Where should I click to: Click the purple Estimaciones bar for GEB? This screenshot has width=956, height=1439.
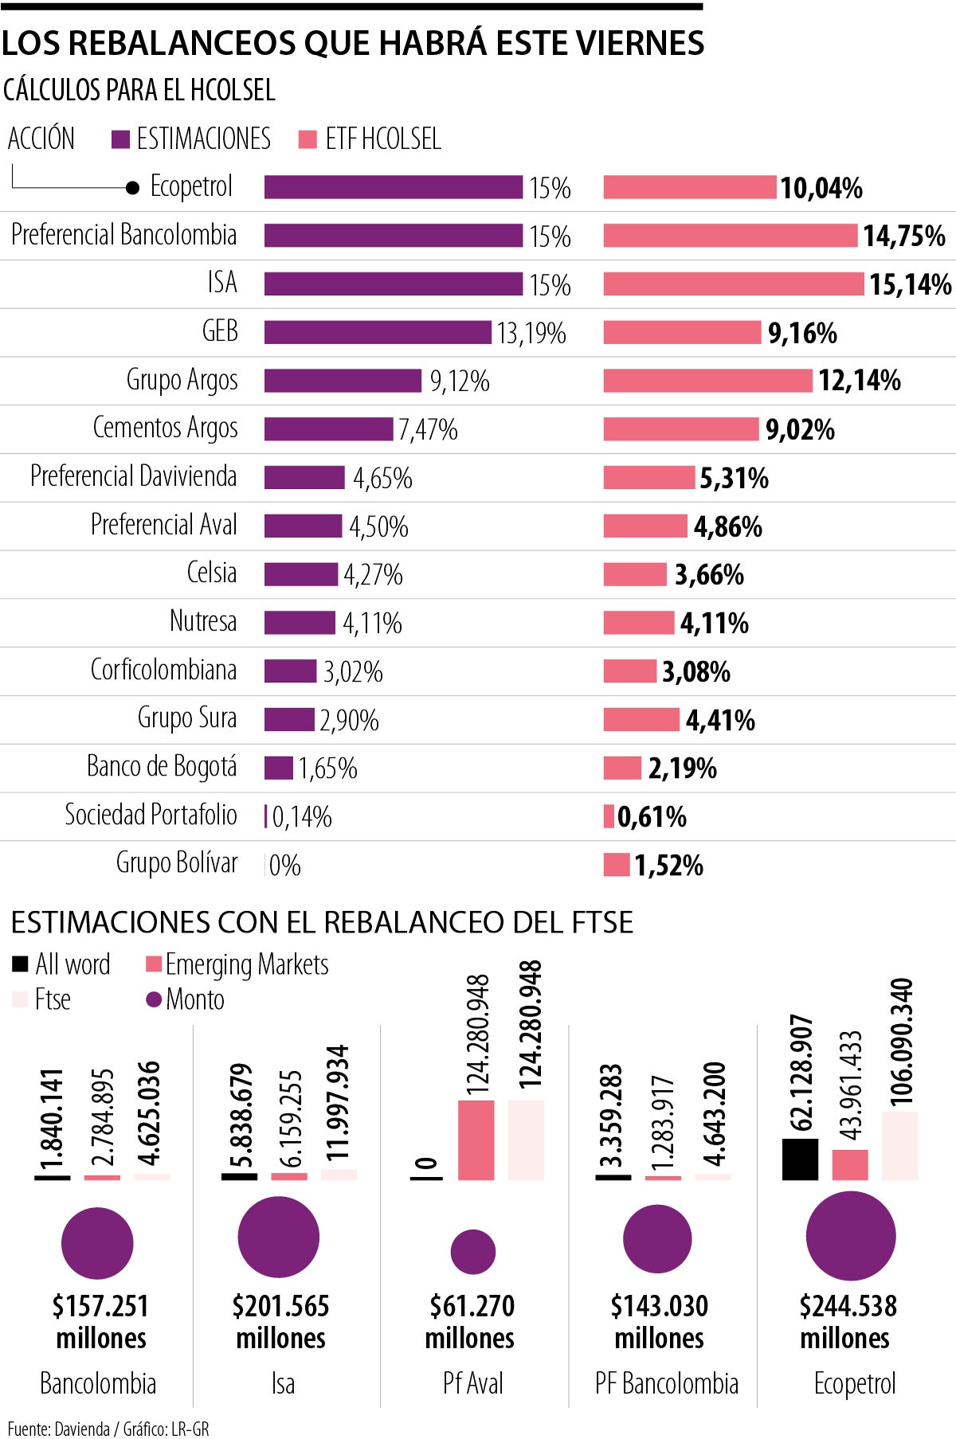(378, 332)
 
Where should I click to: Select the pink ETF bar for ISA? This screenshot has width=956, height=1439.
(733, 283)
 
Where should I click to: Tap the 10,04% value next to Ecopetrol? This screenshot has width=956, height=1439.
(821, 188)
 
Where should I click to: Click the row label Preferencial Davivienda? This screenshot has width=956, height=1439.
(133, 476)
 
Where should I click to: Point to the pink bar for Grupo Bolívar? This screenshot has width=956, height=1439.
(617, 865)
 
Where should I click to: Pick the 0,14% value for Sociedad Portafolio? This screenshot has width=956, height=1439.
(302, 817)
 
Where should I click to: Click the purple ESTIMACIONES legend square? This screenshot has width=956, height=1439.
(120, 139)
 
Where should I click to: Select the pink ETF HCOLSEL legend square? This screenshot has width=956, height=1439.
(308, 139)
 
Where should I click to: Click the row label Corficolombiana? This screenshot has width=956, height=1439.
(163, 670)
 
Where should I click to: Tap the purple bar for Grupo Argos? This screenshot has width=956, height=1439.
(343, 381)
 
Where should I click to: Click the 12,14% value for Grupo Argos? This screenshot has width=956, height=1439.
(859, 381)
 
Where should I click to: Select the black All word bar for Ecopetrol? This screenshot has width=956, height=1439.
(800, 1159)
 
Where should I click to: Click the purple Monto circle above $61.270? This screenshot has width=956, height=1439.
(473, 1251)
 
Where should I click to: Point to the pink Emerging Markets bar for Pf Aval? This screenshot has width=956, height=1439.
(476, 1140)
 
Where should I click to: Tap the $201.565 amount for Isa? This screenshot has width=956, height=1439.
(280, 1306)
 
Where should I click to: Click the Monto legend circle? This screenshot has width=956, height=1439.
(155, 999)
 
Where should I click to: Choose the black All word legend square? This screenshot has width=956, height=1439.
(21, 964)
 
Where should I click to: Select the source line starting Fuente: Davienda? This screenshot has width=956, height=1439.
(108, 1429)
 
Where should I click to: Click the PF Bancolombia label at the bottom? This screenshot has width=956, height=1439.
(666, 1384)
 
